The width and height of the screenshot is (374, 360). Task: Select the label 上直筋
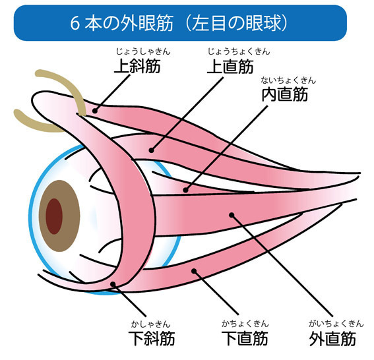[x=229, y=66]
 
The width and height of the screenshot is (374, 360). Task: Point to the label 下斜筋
[x=150, y=338]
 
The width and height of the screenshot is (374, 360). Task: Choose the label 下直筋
[x=245, y=338]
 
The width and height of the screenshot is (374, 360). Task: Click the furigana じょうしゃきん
[x=140, y=51]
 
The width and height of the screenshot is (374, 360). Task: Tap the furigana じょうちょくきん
[x=229, y=51]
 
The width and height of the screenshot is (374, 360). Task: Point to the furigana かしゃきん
[x=150, y=324]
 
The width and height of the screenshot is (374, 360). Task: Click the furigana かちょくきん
[x=245, y=324]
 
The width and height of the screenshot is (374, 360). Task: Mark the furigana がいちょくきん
[x=332, y=324]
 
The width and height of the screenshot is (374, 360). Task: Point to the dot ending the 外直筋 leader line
[x=232, y=214]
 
